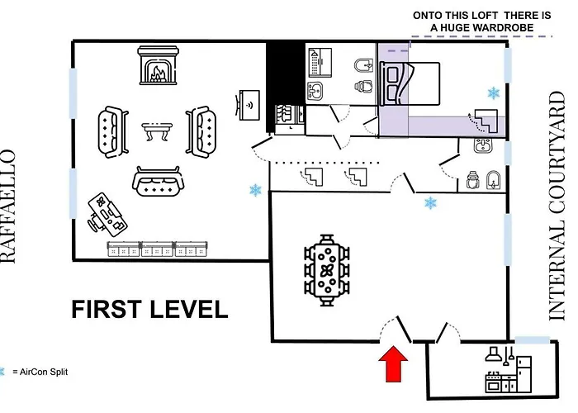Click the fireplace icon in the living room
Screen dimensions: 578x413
(158, 65)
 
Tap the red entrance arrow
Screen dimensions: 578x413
(393, 363)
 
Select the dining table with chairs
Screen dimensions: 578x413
(327, 270)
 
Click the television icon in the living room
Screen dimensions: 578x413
(248, 105)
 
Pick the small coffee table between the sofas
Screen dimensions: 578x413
(157, 131)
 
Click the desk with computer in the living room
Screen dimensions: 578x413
(107, 214)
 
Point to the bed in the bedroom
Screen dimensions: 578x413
(410, 83)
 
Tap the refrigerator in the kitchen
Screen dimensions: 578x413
(524, 373)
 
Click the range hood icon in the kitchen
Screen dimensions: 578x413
(494, 354)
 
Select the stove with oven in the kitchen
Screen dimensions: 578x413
(493, 382)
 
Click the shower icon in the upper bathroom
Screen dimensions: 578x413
(320, 62)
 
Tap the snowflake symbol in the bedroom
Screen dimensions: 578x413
(494, 93)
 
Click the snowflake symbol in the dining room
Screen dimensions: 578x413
(430, 203)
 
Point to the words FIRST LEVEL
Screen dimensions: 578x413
(149, 309)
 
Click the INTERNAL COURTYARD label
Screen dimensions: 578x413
(557, 206)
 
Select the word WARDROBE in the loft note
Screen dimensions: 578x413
(503, 27)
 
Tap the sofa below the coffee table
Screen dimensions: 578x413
(158, 181)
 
